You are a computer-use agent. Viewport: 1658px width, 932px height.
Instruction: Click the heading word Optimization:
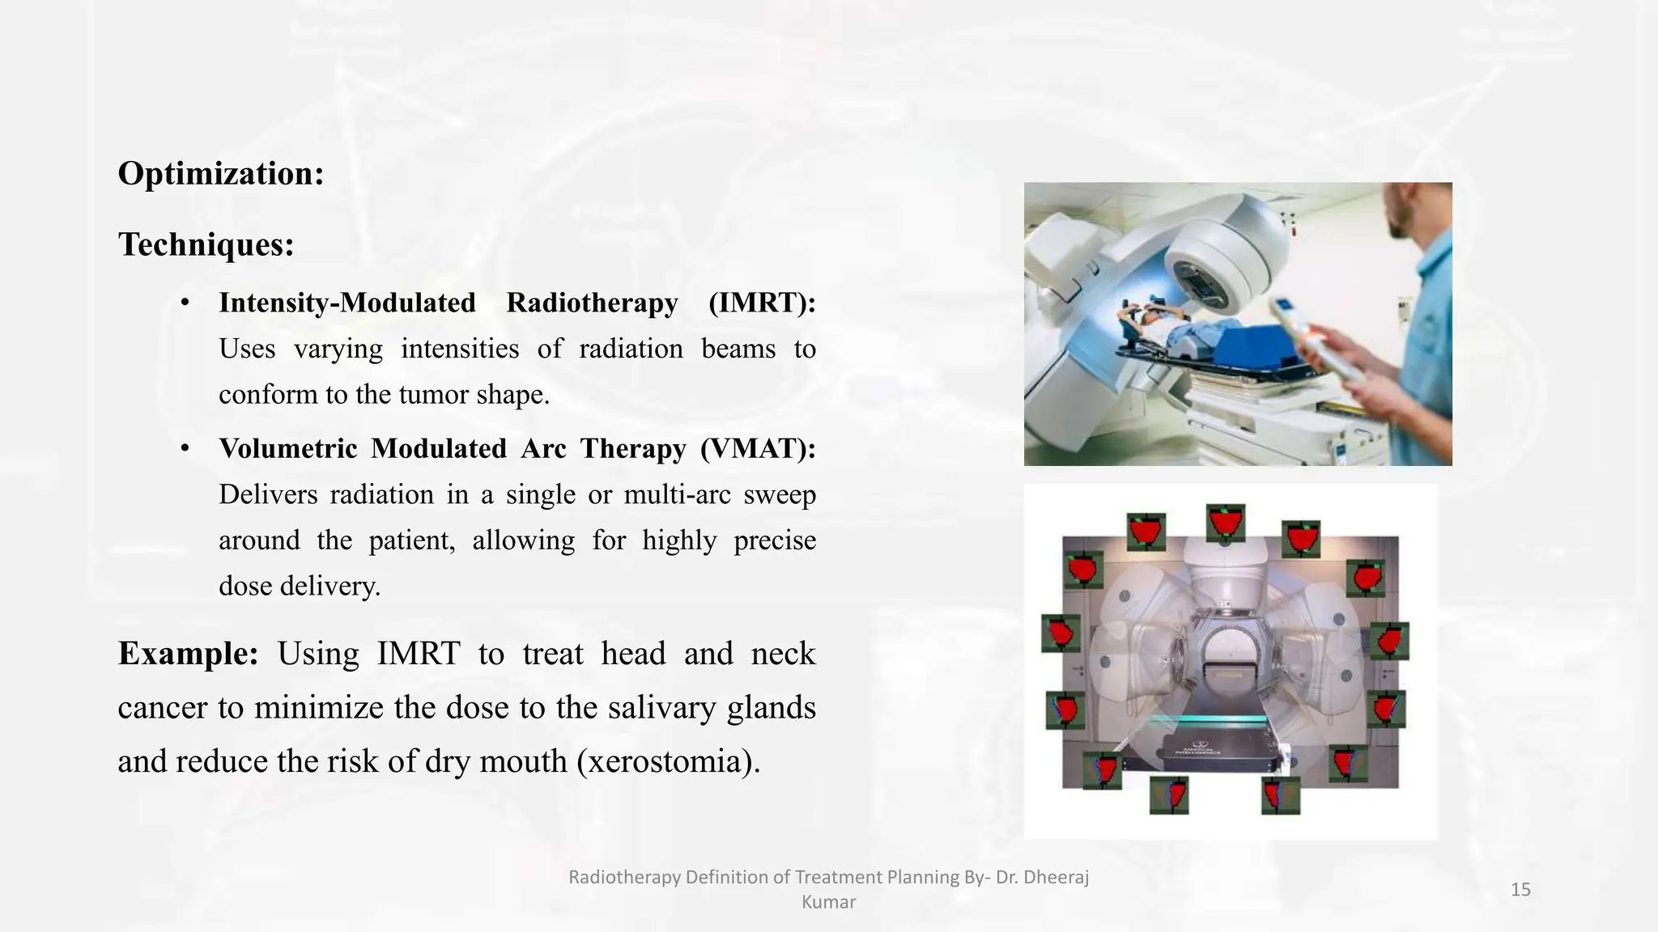click(220, 174)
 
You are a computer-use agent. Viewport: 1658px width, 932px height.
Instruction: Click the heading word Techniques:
click(206, 244)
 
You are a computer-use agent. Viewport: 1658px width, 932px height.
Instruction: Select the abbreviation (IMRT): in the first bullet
click(761, 303)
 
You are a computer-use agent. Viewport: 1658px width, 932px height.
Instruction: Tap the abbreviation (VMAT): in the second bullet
click(758, 448)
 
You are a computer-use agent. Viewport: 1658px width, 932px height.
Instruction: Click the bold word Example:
click(188, 654)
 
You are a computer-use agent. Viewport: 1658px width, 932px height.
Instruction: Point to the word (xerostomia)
click(669, 761)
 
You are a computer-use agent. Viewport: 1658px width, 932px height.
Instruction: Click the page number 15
click(1520, 890)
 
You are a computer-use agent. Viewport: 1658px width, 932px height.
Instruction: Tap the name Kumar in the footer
click(828, 902)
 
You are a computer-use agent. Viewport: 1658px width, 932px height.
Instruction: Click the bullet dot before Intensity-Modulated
click(185, 303)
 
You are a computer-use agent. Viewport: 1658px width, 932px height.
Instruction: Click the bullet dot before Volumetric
click(185, 449)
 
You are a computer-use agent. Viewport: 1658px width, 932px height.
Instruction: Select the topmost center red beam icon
click(1226, 522)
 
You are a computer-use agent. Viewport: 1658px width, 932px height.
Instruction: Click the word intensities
click(460, 349)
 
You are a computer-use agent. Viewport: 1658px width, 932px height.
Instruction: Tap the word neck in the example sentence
click(782, 654)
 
